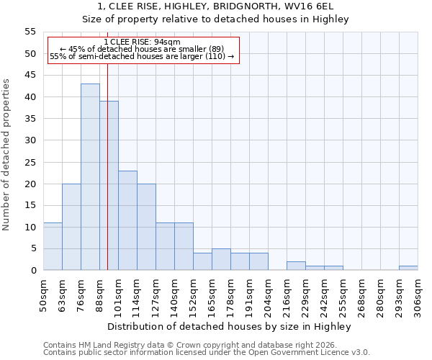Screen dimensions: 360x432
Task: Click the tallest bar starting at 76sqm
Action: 90,177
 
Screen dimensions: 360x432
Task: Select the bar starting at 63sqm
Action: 71,227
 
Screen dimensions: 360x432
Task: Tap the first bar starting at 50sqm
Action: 53,246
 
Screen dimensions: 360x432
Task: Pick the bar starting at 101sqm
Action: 127,220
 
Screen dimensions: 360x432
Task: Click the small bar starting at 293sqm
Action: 408,268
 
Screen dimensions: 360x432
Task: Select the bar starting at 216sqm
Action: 296,266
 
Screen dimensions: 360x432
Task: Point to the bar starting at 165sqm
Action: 221,259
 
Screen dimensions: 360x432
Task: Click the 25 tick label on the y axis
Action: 30,162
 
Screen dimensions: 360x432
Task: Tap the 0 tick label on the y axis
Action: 33,271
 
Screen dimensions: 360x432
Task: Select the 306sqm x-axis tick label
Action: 418,295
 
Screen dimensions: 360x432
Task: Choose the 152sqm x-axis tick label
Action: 193,295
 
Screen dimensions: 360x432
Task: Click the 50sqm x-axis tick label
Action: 43,295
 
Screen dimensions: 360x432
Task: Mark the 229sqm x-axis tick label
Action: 305,295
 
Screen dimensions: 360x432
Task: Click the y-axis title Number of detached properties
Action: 7,155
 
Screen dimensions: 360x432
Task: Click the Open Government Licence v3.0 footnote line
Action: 207,352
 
